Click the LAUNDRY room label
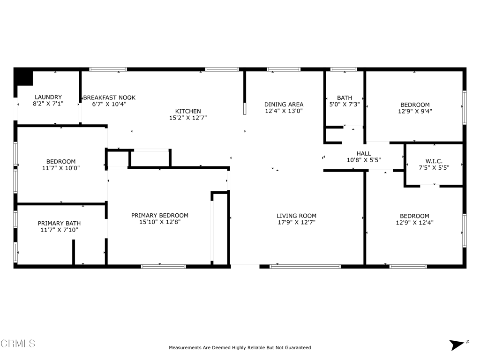click(x=48, y=97)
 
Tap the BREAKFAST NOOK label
click(x=109, y=97)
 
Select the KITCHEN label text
click(x=188, y=112)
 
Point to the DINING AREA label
click(x=284, y=105)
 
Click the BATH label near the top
click(x=344, y=98)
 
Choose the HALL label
click(x=364, y=153)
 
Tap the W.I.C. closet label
click(x=434, y=161)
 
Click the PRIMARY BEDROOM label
click(x=160, y=216)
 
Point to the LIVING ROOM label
click(x=296, y=216)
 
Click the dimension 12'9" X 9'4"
click(x=414, y=112)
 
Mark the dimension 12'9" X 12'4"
click(x=414, y=223)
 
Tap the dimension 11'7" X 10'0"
click(x=61, y=168)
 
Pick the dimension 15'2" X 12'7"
click(x=188, y=118)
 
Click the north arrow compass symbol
click(x=457, y=345)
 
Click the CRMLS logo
click(x=18, y=344)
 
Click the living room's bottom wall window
click(x=305, y=266)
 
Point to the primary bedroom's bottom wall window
click(x=164, y=266)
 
